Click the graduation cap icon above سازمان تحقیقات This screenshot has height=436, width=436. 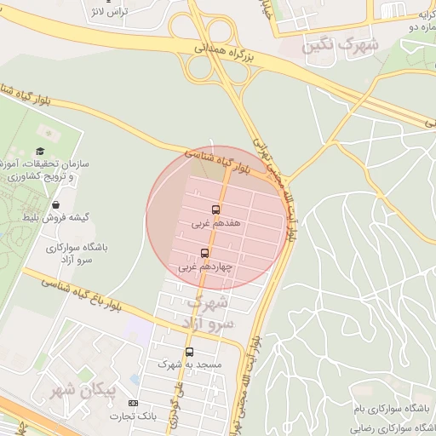coord(40,151)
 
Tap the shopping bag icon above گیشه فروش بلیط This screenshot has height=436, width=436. coord(56,204)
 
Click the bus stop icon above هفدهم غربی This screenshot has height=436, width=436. coord(215,209)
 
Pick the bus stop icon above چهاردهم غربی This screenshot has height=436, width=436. coord(204,252)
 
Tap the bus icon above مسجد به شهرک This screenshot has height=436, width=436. coord(189,351)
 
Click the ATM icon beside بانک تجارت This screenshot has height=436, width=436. coord(132,403)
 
